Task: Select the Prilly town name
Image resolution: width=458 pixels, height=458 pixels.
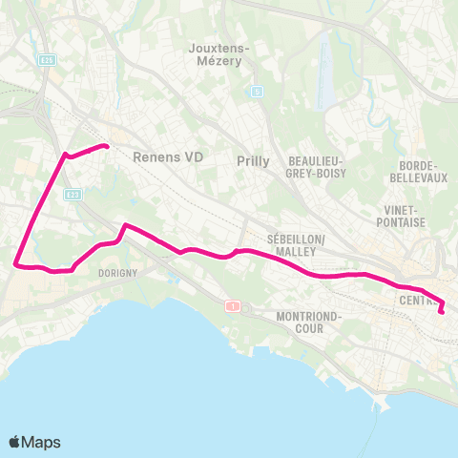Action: pyautogui.click(x=253, y=161)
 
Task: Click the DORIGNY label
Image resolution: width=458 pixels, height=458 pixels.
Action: pyautogui.click(x=118, y=272)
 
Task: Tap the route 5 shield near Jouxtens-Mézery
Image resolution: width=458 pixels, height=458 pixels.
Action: pyautogui.click(x=257, y=92)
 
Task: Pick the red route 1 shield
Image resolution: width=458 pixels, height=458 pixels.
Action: pyautogui.click(x=232, y=305)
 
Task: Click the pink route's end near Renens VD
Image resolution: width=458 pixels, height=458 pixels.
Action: pyautogui.click(x=106, y=146)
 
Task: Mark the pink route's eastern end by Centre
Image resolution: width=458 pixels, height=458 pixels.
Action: pyautogui.click(x=442, y=310)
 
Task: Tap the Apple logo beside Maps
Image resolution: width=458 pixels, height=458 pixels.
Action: pyautogui.click(x=15, y=442)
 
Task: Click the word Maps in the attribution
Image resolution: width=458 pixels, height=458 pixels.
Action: pyautogui.click(x=42, y=443)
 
